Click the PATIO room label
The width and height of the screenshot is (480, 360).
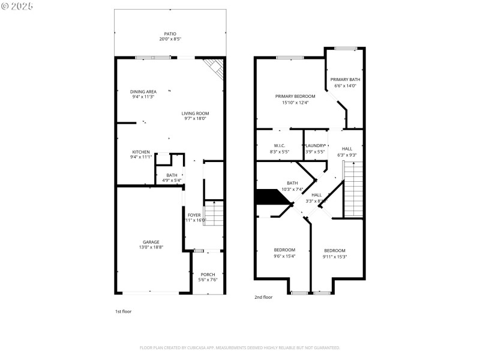pyautogui.click(x=170, y=34)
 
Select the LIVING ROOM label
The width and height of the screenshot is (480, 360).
pyautogui.click(x=196, y=113)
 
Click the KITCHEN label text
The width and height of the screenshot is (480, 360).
pyautogui.click(x=141, y=151)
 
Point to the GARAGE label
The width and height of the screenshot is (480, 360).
pyautogui.click(x=151, y=242)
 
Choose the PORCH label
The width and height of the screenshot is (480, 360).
pyautogui.click(x=208, y=274)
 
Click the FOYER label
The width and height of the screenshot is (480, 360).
pyautogui.click(x=194, y=215)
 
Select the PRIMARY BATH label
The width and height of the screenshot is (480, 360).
pyautogui.click(x=345, y=79)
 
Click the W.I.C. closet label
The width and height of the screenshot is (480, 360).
pyautogui.click(x=279, y=146)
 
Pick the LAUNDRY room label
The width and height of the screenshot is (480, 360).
pyautogui.click(x=316, y=146)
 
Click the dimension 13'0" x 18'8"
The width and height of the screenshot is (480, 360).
pyautogui.click(x=151, y=247)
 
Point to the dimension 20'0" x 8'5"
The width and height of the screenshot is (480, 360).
pyautogui.click(x=170, y=39)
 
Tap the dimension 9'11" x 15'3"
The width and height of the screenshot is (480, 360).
pyautogui.click(x=335, y=256)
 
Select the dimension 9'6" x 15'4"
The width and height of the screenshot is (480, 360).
pyautogui.click(x=284, y=256)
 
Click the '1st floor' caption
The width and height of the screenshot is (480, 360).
pyautogui.click(x=123, y=311)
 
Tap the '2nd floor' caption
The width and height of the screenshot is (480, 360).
pyautogui.click(x=263, y=297)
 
